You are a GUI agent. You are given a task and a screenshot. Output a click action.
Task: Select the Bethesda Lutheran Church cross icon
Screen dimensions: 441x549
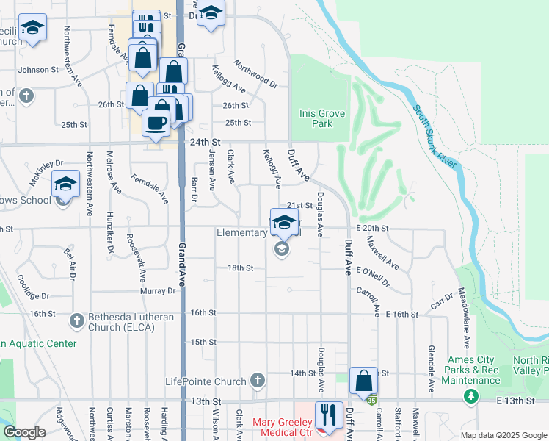[76, 321]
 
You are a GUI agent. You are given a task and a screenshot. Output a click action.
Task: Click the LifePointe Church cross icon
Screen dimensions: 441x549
[256, 380]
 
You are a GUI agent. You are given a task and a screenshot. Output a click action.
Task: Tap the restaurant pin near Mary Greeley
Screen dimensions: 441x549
[328, 415]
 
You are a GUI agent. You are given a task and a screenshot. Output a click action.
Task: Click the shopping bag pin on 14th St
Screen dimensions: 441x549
[363, 381]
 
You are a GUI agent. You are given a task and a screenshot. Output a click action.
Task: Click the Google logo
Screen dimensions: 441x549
[24, 432]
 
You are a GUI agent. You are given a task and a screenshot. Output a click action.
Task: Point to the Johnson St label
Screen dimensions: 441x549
[38, 70]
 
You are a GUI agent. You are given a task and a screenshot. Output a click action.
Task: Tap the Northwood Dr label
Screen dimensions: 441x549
[256, 74]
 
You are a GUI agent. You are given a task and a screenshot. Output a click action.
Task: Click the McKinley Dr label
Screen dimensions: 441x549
[47, 173]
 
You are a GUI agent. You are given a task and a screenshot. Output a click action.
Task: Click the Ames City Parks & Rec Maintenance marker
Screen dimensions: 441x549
[470, 397]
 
